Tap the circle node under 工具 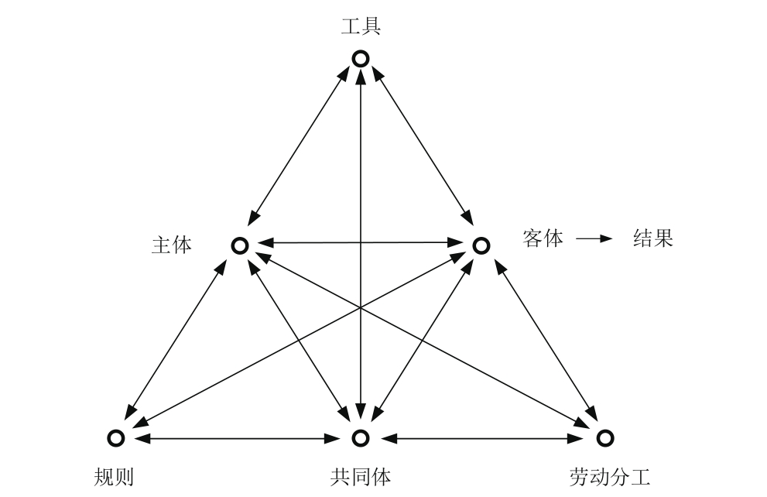[361, 58]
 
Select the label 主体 [172, 245]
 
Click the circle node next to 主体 [240, 245]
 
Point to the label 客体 [543, 238]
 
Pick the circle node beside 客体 [481, 245]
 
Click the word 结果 [653, 238]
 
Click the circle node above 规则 [117, 438]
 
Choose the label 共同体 [360, 475]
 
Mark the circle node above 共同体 [360, 438]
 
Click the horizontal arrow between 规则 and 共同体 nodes [238, 438]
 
